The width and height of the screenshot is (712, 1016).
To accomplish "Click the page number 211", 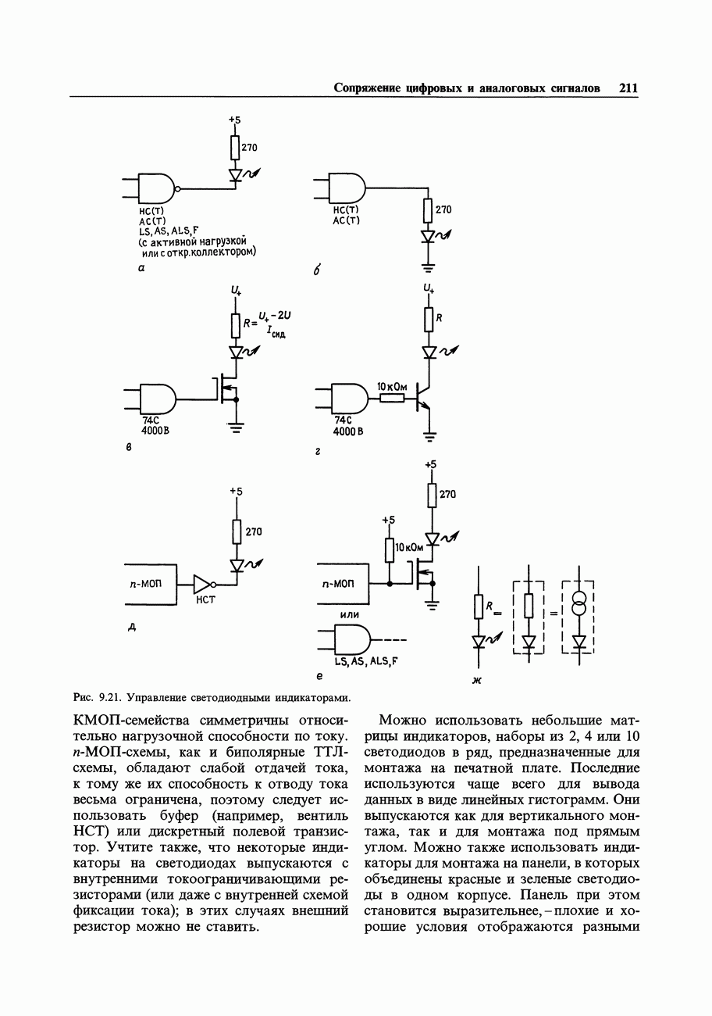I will tap(628, 88).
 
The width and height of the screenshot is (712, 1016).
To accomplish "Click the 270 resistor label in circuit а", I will tap(248, 147).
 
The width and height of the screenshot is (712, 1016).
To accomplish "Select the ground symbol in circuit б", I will tap(427, 267).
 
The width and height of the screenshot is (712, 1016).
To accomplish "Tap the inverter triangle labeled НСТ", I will tap(202, 584).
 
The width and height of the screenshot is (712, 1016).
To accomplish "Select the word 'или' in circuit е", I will tap(349, 615).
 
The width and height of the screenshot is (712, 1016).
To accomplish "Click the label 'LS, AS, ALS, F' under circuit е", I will tap(366, 661).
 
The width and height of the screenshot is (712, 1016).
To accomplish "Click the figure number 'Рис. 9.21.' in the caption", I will tap(98, 696).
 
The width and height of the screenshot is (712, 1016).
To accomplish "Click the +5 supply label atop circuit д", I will tap(236, 491).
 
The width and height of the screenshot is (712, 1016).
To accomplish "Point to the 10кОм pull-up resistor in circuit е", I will tap(389, 549).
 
